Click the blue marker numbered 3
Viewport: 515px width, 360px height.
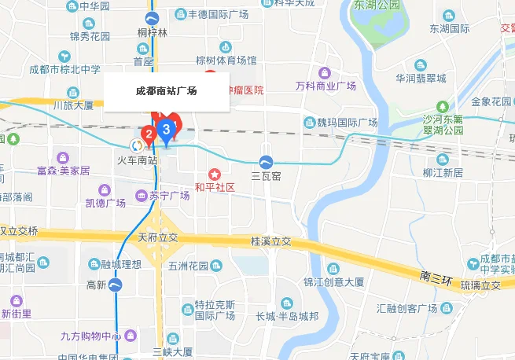[166, 128]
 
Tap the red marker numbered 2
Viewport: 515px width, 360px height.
[148, 134]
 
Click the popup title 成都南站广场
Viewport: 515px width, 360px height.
[166, 91]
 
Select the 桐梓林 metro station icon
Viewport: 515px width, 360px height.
[153, 18]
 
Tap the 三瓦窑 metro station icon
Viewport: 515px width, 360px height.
[267, 162]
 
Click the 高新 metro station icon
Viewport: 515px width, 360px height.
[116, 285]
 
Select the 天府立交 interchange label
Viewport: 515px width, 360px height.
[158, 237]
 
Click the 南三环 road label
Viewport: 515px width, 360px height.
[433, 277]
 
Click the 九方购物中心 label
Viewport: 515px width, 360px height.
[91, 336]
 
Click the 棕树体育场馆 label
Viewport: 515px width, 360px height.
[226, 61]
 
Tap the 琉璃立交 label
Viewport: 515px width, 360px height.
[480, 285]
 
